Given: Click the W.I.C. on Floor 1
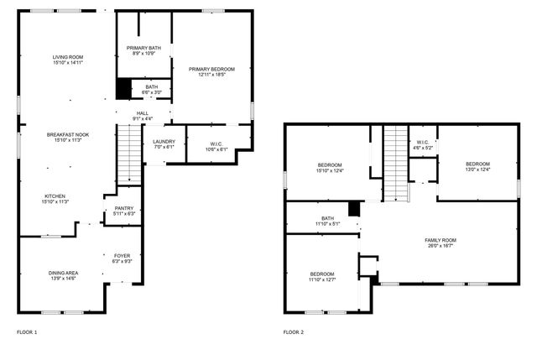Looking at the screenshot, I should click(216, 147).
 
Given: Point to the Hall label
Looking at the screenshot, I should click(143, 116).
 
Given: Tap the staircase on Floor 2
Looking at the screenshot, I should click(395, 163).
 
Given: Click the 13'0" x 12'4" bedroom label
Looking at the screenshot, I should click(477, 166).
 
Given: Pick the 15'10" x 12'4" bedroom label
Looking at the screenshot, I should click(330, 167).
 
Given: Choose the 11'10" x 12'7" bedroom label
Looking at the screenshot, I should click(323, 278).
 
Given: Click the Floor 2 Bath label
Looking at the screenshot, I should click(327, 221).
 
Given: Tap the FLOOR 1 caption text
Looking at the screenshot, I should click(27, 332).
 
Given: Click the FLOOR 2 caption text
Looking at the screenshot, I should click(293, 332).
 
